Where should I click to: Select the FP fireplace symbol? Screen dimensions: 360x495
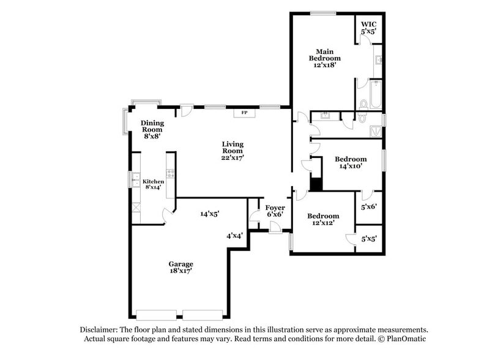244,113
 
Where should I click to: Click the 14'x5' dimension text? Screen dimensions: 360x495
210,214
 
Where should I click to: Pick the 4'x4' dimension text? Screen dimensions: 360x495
235,235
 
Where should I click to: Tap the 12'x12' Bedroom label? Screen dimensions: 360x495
323,220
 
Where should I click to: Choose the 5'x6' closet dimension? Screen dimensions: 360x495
368,207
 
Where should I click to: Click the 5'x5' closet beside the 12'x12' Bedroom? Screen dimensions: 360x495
368,239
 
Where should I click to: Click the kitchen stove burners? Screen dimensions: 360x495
171,173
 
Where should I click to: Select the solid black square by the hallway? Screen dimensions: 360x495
316,183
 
